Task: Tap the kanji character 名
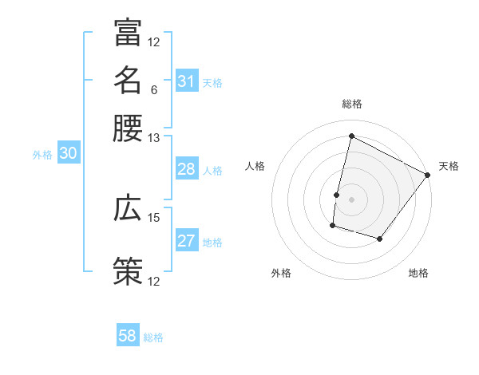[128, 80]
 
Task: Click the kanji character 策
[128, 271]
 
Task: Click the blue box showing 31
[186, 81]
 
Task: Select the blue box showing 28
[186, 169]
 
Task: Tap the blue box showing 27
[186, 241]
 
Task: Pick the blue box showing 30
[68, 155]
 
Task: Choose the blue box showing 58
[128, 336]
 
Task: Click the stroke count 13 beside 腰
[153, 138]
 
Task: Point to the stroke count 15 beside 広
[153, 217]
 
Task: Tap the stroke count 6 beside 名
[153, 89]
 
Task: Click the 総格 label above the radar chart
[351, 104]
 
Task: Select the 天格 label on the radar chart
[449, 166]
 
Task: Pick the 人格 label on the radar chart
[255, 166]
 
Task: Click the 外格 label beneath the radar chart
[281, 273]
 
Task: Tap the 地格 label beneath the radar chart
[418, 273]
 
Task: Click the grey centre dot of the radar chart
[351, 199]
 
